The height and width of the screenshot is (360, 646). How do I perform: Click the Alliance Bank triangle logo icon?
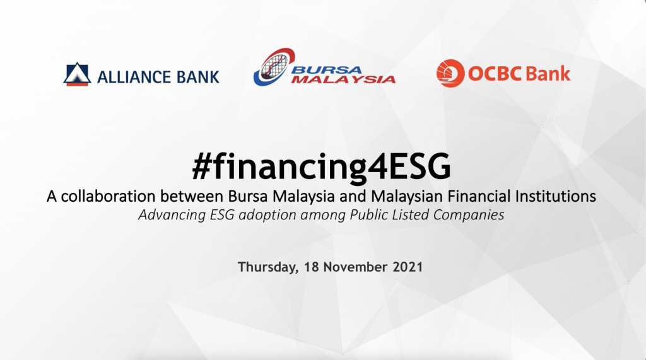pos(77,74)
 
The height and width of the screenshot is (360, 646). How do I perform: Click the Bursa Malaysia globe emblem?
pos(272,68)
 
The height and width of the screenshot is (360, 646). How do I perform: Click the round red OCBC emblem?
pos(450,73)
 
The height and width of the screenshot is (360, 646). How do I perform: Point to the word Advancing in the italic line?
pos(167,214)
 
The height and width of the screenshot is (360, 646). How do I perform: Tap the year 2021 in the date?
pos(406,266)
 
